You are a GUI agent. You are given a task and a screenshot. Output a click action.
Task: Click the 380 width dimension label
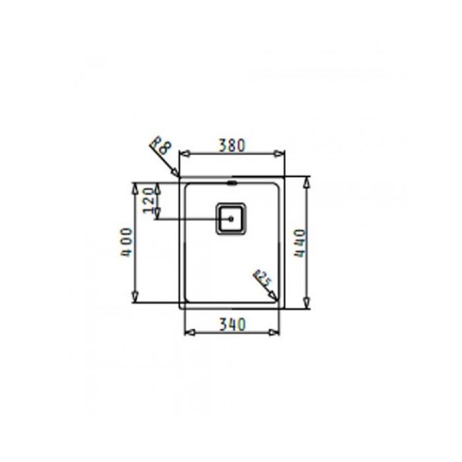(x=232, y=145)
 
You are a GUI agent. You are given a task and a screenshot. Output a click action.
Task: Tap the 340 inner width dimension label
(x=232, y=324)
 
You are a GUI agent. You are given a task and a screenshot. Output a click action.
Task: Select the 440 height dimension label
(x=300, y=244)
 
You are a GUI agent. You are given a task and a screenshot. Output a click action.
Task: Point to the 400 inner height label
(x=127, y=242)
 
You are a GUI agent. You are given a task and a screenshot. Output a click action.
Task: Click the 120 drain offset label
(x=148, y=201)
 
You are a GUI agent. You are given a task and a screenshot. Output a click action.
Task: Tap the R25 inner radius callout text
(x=262, y=278)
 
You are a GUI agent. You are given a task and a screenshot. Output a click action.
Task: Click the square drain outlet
(x=231, y=218)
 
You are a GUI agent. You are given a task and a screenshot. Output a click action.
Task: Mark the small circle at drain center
(x=231, y=219)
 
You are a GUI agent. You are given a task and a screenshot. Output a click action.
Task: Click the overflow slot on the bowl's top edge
(x=232, y=183)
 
